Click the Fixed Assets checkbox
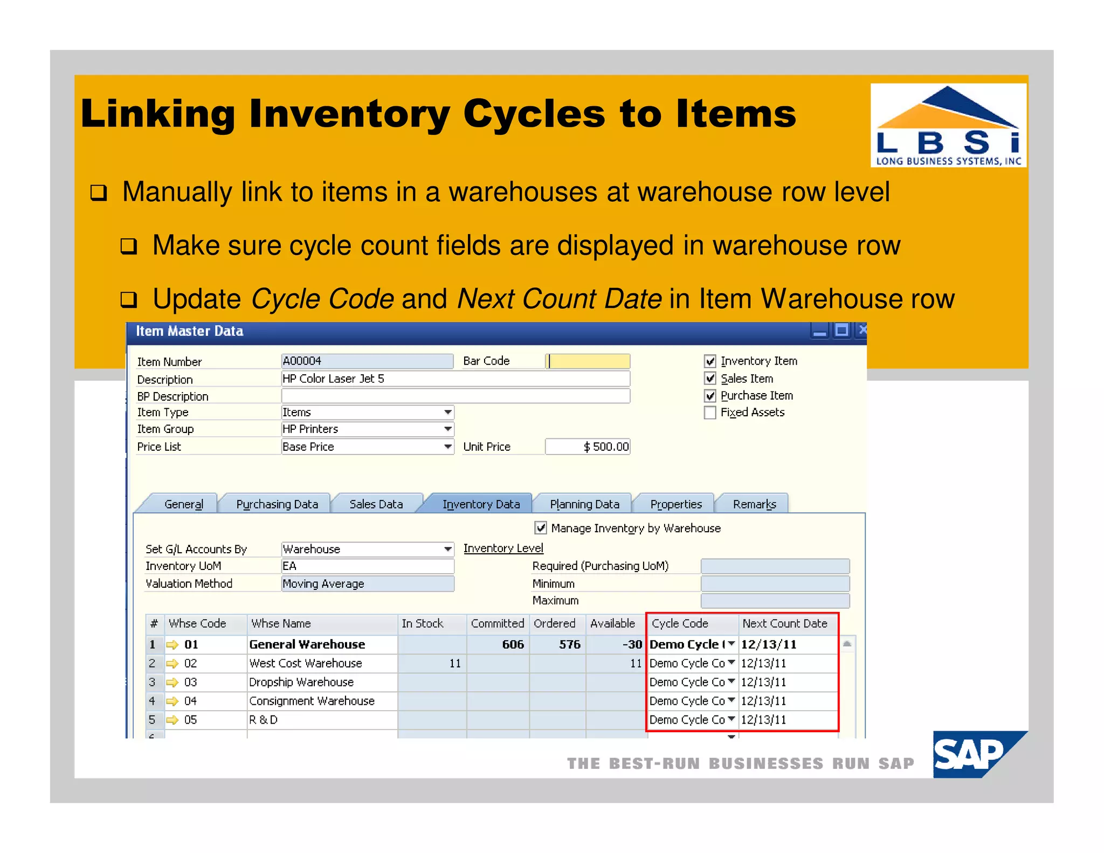[x=710, y=412]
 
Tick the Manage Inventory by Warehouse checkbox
[x=540, y=528]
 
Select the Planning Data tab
[x=584, y=504]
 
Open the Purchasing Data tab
[x=277, y=504]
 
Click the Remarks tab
[x=754, y=504]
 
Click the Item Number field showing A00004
[x=367, y=361]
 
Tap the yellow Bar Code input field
[x=589, y=361]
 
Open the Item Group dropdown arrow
[x=447, y=429]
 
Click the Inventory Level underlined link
[x=503, y=548]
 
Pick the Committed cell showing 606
[x=512, y=644]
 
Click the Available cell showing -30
[x=631, y=644]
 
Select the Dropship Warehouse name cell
[x=301, y=682]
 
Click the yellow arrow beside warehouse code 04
[x=172, y=701]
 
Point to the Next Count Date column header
[x=784, y=623]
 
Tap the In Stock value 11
[x=455, y=663]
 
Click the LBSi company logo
[x=948, y=125]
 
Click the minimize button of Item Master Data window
[x=819, y=331]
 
